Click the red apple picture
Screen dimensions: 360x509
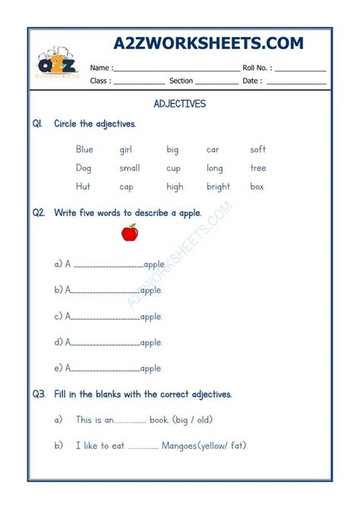(x=129, y=232)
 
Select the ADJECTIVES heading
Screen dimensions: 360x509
(x=180, y=103)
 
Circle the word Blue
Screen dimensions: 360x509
(x=84, y=150)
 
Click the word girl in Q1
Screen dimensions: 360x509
(x=126, y=150)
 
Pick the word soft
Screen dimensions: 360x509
(x=258, y=150)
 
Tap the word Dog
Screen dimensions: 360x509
(x=84, y=168)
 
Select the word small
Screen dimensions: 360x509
(x=130, y=168)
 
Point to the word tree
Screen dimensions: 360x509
(x=258, y=168)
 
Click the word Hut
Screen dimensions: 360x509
(x=84, y=186)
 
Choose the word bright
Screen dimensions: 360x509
(x=218, y=186)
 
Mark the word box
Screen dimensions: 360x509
(x=257, y=186)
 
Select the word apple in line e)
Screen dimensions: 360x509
(x=150, y=368)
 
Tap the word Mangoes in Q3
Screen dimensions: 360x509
(x=179, y=446)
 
